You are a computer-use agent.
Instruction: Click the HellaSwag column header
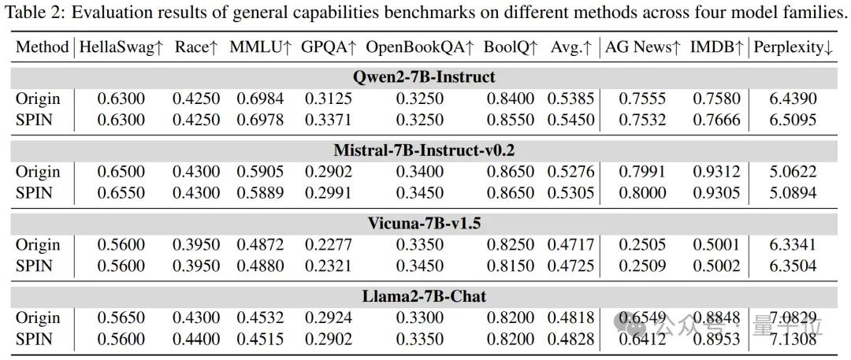point(121,47)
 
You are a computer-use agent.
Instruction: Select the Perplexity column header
point(793,47)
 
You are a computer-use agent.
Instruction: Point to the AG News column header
point(642,47)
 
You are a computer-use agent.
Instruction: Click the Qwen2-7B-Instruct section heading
point(425,77)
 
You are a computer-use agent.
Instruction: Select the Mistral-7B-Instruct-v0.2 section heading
point(425,150)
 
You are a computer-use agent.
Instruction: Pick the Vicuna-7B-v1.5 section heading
point(425,223)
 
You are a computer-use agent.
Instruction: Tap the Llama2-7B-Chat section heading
point(425,296)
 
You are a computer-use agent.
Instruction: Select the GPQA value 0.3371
point(326,120)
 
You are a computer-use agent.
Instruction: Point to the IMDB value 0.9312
point(715,172)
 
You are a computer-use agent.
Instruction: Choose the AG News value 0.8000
point(641,193)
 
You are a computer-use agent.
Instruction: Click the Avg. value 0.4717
point(571,245)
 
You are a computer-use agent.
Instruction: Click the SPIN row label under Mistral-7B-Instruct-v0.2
point(34,193)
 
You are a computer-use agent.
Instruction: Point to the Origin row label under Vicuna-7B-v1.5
point(38,245)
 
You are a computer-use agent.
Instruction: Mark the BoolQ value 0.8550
point(510,120)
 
